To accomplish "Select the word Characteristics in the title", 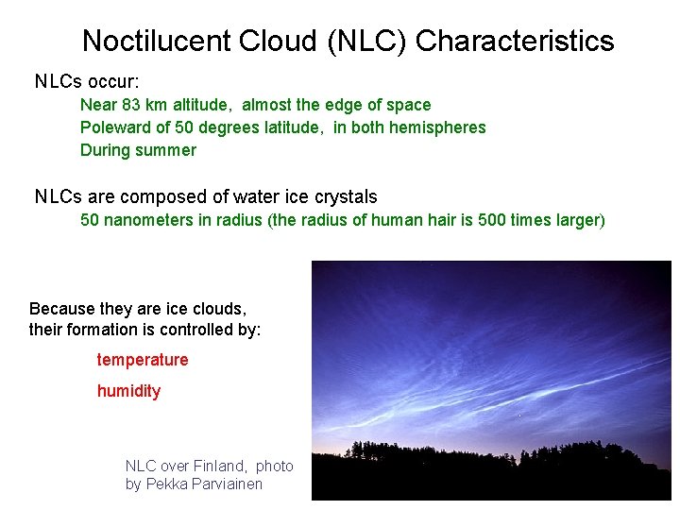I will click(515, 41).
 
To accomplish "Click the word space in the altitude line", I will click(409, 105).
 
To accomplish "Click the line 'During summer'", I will click(138, 150).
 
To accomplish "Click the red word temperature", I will click(143, 360).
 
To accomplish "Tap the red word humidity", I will click(128, 391).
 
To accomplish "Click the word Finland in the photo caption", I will click(219, 466).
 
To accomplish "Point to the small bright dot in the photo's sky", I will click(520, 414).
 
